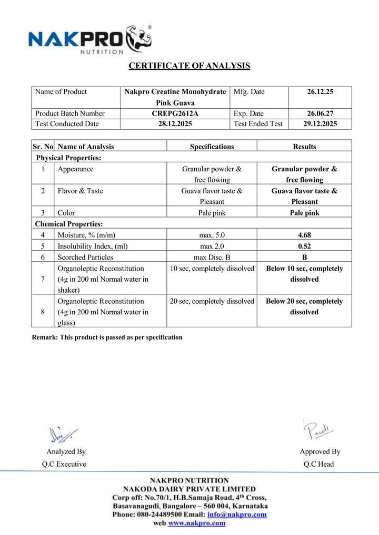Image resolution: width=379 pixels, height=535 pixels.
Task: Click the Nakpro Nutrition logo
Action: pyautogui.click(x=89, y=39)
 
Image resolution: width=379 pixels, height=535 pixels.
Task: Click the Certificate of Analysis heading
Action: pyautogui.click(x=189, y=66)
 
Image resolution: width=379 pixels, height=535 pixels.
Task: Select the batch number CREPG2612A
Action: pyautogui.click(x=175, y=114)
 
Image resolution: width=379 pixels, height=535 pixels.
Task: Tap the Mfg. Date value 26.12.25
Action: pyautogui.click(x=320, y=92)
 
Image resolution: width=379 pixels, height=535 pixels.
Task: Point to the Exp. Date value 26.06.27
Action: pyautogui.click(x=320, y=114)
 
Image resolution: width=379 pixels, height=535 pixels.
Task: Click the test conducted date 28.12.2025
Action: pyautogui.click(x=175, y=124)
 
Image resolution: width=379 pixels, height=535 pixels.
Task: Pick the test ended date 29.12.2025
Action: pyautogui.click(x=320, y=124)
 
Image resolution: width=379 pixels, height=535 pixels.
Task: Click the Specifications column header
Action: pyautogui.click(x=212, y=147)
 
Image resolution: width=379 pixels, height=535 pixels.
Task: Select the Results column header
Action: pyautogui.click(x=304, y=147)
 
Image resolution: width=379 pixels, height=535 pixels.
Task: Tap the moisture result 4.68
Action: pyautogui.click(x=304, y=235)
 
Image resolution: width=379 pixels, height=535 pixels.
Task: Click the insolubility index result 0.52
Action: pyautogui.click(x=304, y=246)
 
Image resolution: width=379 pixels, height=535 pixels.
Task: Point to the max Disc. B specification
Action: pyautogui.click(x=212, y=257)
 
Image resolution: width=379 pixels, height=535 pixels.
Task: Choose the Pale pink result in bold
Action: pyautogui.click(x=304, y=213)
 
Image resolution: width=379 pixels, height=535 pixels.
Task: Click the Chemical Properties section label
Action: pyautogui.click(x=69, y=224)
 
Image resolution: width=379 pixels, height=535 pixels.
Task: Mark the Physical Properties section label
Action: pyautogui.click(x=68, y=158)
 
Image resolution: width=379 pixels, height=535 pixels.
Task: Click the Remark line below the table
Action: pyautogui.click(x=107, y=337)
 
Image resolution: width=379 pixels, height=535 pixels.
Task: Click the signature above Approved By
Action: pyautogui.click(x=318, y=430)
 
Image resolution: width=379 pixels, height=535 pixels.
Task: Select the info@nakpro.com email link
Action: pyautogui.click(x=237, y=515)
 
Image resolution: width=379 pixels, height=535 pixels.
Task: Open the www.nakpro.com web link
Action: pyautogui.click(x=197, y=523)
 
